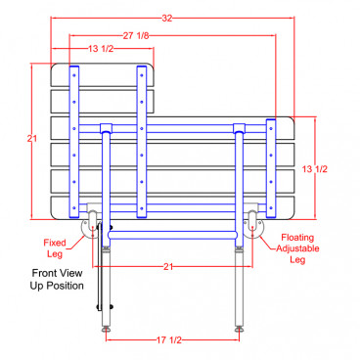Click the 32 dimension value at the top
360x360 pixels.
click(x=167, y=19)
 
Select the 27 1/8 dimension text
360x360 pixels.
click(x=136, y=35)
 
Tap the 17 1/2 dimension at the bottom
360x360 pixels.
click(x=169, y=340)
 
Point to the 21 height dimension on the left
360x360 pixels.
click(x=32, y=139)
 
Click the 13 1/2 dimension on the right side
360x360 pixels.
click(x=314, y=169)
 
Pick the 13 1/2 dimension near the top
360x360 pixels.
click(x=101, y=49)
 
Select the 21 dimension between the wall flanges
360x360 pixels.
click(x=167, y=267)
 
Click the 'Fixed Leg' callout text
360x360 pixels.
click(x=55, y=248)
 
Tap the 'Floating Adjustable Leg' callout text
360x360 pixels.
click(x=297, y=248)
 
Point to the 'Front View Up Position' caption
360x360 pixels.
click(x=57, y=279)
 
